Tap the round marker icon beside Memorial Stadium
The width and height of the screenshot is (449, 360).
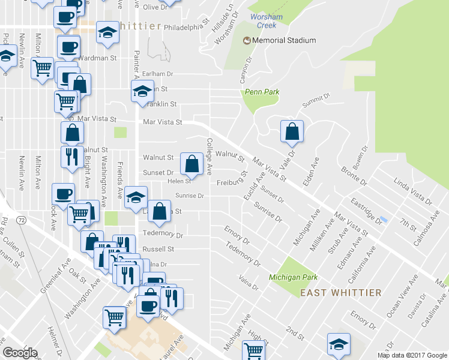(x=246, y=40)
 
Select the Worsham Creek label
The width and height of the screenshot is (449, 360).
(x=266, y=21)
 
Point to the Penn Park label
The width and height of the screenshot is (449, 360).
(x=262, y=92)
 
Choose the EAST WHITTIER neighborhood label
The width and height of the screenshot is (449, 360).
(x=340, y=293)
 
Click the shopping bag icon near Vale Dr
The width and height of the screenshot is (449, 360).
(x=292, y=131)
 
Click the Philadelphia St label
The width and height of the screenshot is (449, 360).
(x=186, y=27)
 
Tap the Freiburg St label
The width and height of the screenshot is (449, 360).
(x=232, y=182)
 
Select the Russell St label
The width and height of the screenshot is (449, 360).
(x=158, y=249)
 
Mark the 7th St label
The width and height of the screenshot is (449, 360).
(x=409, y=225)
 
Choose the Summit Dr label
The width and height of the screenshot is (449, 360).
(x=316, y=100)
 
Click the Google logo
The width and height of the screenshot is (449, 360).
(x=20, y=353)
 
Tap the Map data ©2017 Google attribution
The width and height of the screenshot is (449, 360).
(x=411, y=355)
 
